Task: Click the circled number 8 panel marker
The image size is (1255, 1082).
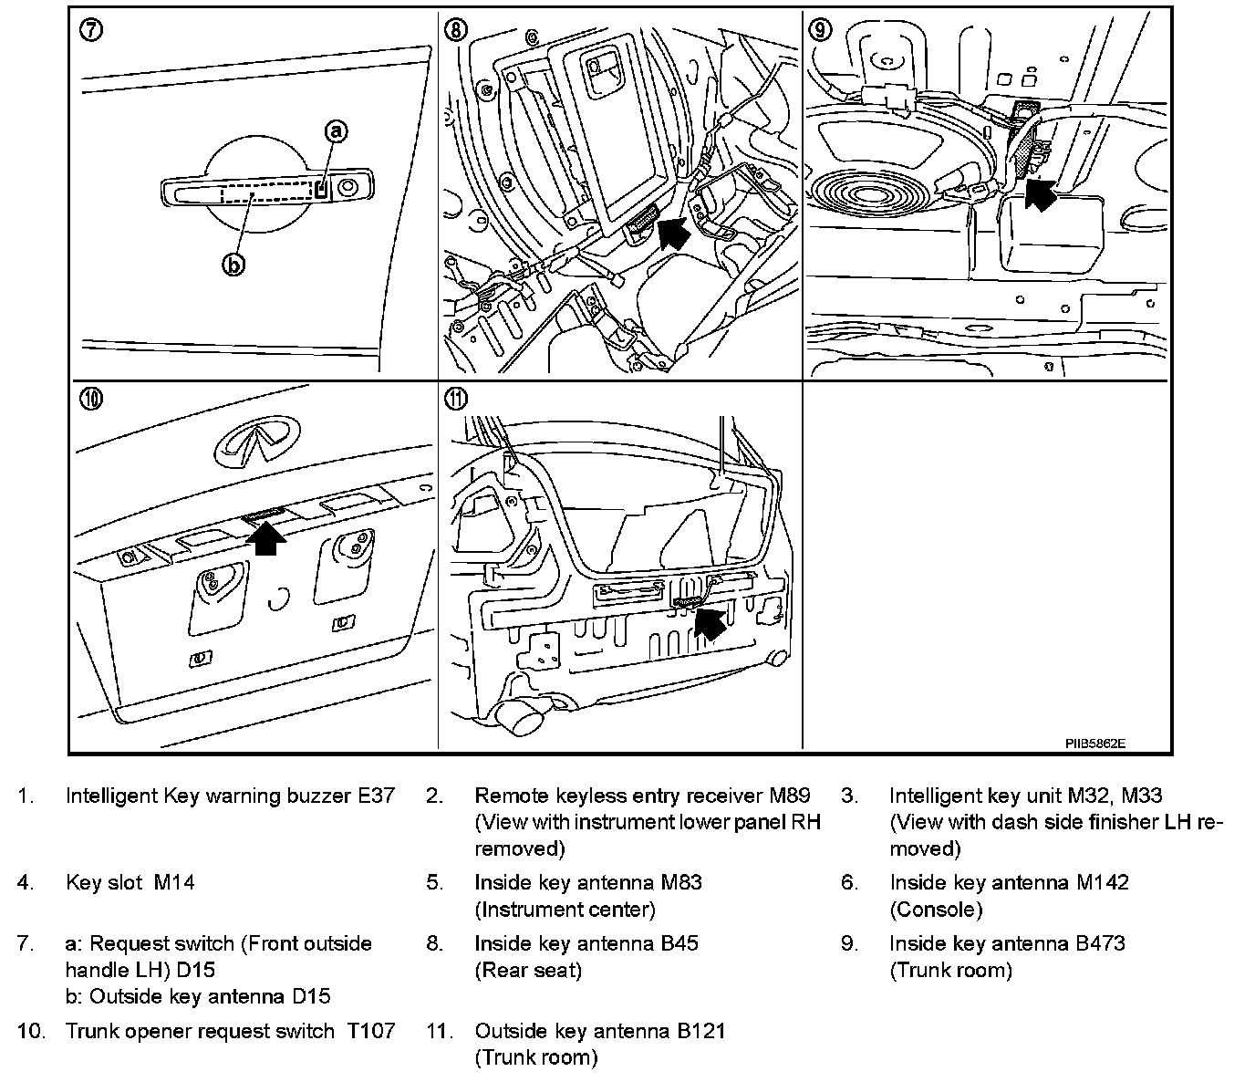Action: point(455,29)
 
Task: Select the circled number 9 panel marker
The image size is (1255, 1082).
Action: point(820,29)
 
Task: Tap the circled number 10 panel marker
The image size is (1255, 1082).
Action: point(90,399)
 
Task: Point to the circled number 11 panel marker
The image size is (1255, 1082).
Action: point(455,399)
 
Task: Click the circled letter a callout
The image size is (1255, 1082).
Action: point(337,132)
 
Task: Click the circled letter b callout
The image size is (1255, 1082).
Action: point(234,265)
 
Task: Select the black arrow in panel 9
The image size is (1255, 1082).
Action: point(1039,194)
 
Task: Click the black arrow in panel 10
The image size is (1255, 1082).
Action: point(266,537)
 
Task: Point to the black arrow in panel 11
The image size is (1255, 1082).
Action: point(710,623)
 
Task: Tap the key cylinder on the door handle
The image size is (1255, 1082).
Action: point(347,187)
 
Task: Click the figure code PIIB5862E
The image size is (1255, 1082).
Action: point(1094,743)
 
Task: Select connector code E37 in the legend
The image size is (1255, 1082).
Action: point(376,796)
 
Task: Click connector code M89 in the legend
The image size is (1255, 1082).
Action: point(790,796)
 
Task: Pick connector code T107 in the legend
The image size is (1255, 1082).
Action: point(370,1031)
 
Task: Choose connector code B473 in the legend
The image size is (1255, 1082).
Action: point(1100,942)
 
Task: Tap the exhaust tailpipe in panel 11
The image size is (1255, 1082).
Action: point(523,720)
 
